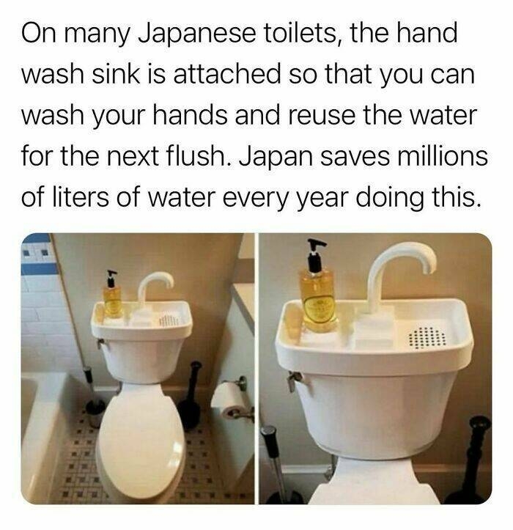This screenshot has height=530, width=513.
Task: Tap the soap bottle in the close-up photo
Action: tap(317, 296)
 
